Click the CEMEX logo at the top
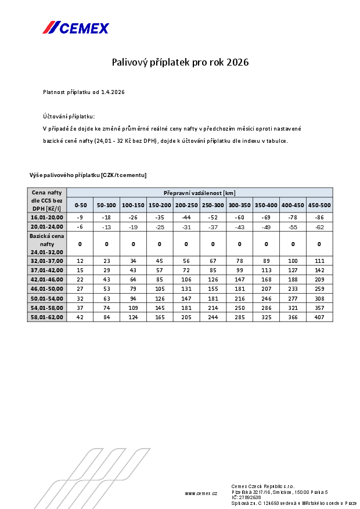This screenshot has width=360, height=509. (75, 27)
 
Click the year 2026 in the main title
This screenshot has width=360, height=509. (237, 62)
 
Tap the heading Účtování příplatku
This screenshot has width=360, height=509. (69, 116)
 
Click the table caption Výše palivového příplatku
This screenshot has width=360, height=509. (88, 175)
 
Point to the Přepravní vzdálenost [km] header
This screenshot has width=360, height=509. (199, 193)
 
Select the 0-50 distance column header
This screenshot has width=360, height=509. (80, 205)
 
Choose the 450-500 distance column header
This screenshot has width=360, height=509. (319, 205)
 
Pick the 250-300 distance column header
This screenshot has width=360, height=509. (213, 205)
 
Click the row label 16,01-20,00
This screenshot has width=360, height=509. (47, 216)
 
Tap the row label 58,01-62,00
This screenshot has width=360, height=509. (47, 317)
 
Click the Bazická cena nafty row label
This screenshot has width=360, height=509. (47, 244)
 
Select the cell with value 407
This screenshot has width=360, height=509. (319, 317)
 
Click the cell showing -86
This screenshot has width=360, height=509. (319, 216)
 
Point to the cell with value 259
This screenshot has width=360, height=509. (319, 288)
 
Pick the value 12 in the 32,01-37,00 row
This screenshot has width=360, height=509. (80, 261)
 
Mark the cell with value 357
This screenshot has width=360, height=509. (319, 307)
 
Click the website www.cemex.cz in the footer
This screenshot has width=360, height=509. (201, 493)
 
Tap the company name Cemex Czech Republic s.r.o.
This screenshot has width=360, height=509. (263, 486)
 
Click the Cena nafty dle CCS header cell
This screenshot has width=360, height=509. (47, 200)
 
